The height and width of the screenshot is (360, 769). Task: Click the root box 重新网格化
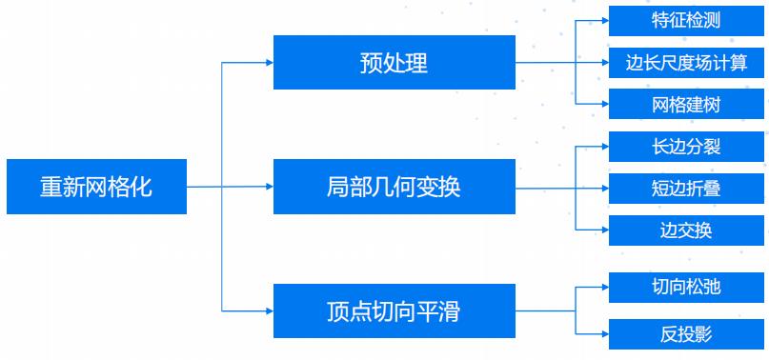[x=95, y=187]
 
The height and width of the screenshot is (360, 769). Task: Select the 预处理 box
[x=394, y=63]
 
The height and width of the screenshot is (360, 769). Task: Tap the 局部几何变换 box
[x=394, y=187]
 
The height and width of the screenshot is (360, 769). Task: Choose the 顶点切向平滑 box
[x=394, y=310]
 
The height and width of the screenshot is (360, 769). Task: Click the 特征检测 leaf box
[x=686, y=21]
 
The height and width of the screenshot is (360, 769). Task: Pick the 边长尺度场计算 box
[x=686, y=63]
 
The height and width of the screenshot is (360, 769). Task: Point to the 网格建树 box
[x=686, y=104]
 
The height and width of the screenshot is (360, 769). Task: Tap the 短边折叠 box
[x=686, y=188]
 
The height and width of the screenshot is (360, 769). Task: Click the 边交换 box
[x=686, y=230]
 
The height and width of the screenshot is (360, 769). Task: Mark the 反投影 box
[x=686, y=333]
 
